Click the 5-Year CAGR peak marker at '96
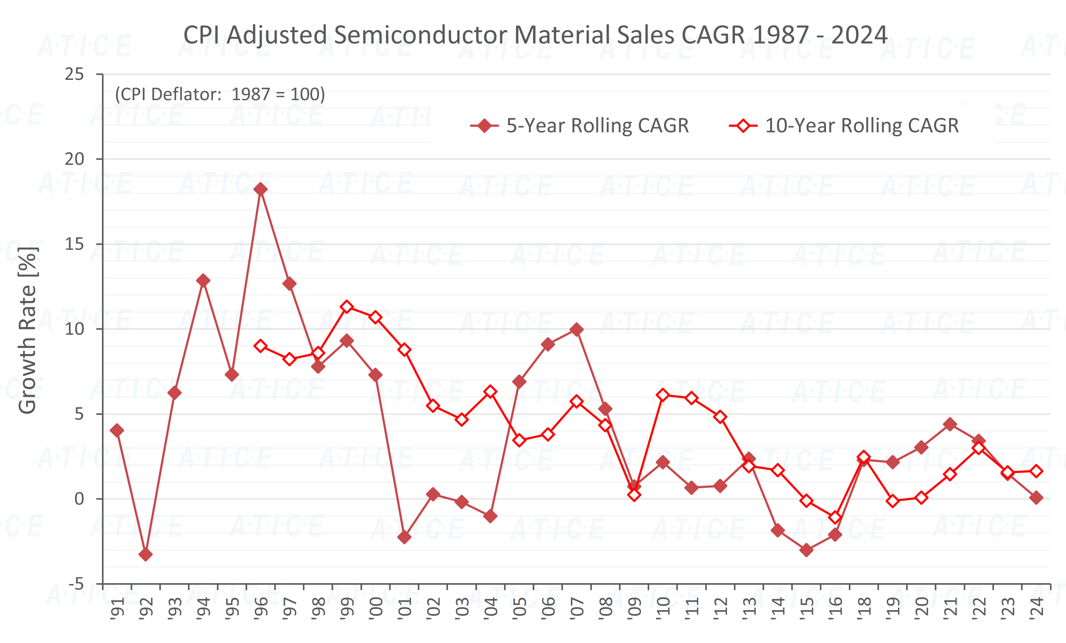point(260,189)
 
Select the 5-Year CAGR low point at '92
point(146,554)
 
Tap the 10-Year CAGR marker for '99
point(347,307)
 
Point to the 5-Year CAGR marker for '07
point(576,329)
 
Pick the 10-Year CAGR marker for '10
point(663,395)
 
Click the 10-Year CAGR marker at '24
point(1036,471)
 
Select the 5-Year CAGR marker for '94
point(203,281)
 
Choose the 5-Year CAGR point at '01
point(404,537)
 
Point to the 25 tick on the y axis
point(75,74)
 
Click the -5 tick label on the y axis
point(76,584)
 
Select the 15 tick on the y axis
point(75,244)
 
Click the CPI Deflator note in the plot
point(220,94)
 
